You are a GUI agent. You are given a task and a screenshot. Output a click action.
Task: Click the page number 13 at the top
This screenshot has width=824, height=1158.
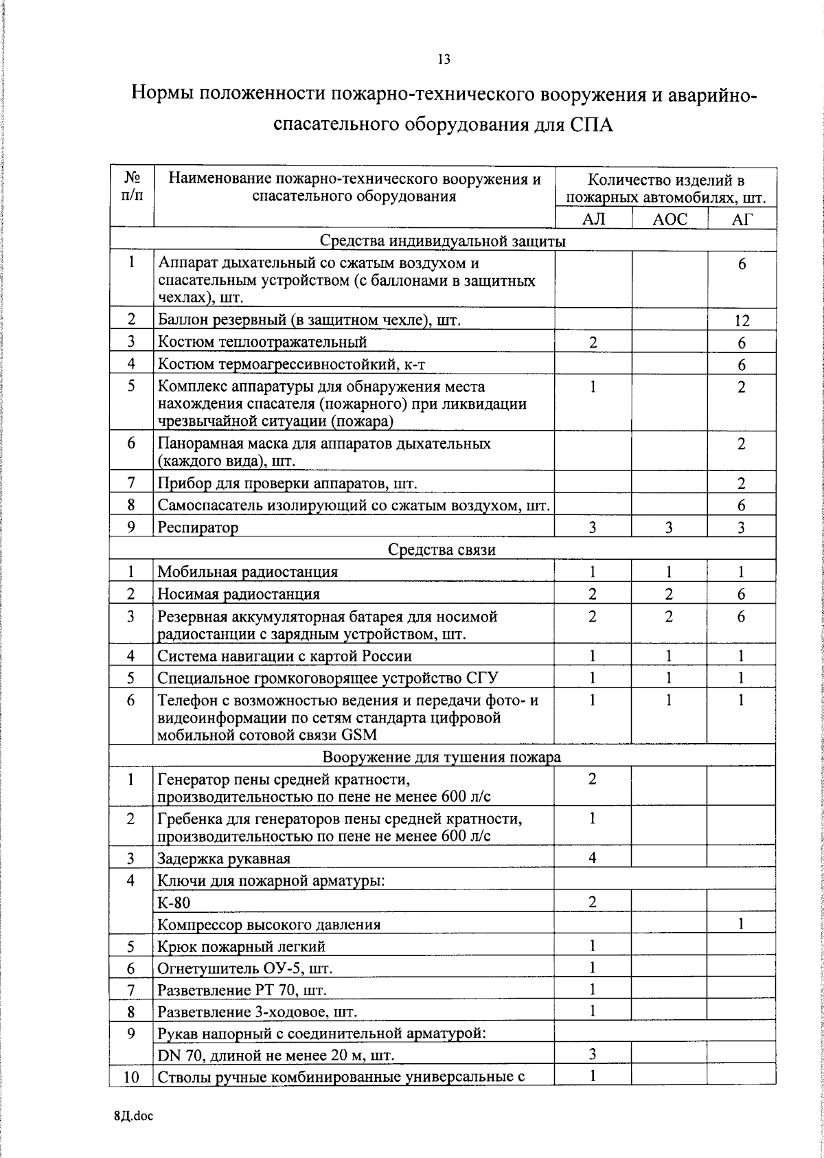click(x=444, y=59)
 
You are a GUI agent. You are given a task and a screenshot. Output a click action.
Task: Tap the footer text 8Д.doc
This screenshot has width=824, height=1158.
click(x=134, y=1116)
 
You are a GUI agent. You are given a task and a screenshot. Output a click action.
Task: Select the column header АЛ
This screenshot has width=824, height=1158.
click(x=593, y=219)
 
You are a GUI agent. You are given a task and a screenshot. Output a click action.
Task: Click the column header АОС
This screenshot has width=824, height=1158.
click(x=669, y=219)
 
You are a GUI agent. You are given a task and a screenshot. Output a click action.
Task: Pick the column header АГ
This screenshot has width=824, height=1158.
click(x=742, y=219)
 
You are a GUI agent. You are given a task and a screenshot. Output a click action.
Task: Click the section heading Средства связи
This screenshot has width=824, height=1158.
click(x=442, y=549)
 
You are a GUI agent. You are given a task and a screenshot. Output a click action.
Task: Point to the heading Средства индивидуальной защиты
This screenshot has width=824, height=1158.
click(x=443, y=241)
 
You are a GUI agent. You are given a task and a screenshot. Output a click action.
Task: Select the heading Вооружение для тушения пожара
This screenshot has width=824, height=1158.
click(x=442, y=757)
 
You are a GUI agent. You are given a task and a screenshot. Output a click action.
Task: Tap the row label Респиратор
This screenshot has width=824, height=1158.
click(x=198, y=527)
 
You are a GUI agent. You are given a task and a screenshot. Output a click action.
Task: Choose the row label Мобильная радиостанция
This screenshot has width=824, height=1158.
click(x=248, y=571)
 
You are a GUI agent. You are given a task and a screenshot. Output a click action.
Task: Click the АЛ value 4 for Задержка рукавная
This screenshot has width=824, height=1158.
click(x=593, y=857)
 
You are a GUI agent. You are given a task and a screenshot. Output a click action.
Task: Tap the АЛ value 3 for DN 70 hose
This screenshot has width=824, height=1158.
click(x=593, y=1054)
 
